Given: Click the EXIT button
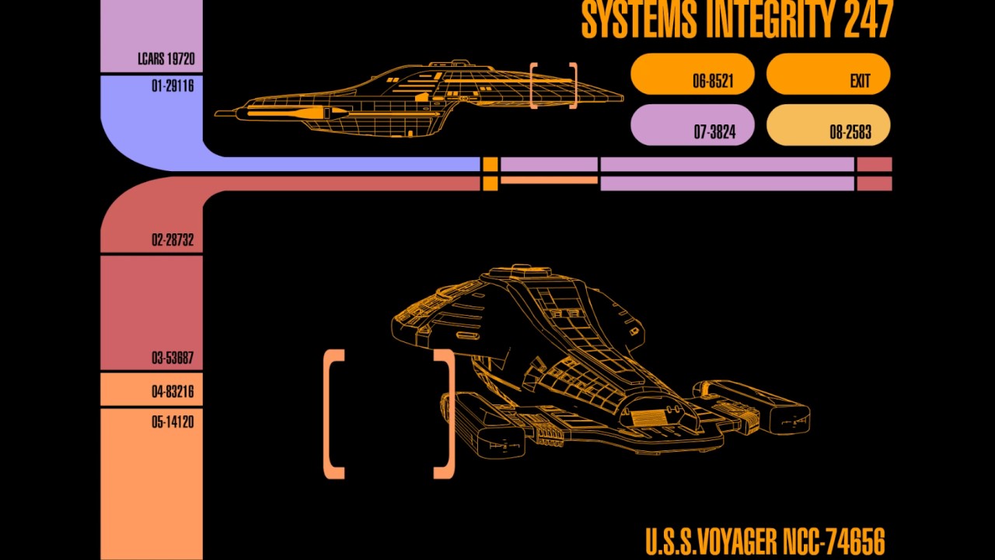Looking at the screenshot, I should [x=828, y=75].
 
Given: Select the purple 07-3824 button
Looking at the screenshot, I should [x=693, y=125].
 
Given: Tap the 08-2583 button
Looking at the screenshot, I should [x=828, y=125].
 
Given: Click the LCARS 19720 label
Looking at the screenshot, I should [x=166, y=59].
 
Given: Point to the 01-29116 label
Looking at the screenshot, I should [x=172, y=86].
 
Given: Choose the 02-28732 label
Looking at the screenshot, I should [x=172, y=240].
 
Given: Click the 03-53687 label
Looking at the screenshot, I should [x=172, y=359].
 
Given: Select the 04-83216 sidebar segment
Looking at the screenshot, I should [x=152, y=390].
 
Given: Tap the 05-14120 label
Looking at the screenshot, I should [x=172, y=422].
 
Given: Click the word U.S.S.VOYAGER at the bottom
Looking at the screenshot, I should [x=711, y=541].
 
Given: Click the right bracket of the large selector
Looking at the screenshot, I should [x=444, y=414].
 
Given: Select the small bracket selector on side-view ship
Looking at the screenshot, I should [x=553, y=86].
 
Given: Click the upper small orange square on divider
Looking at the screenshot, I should [x=490, y=164].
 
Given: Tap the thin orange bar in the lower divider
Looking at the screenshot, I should [x=549, y=180].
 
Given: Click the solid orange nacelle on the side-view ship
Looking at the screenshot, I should [x=295, y=114].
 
